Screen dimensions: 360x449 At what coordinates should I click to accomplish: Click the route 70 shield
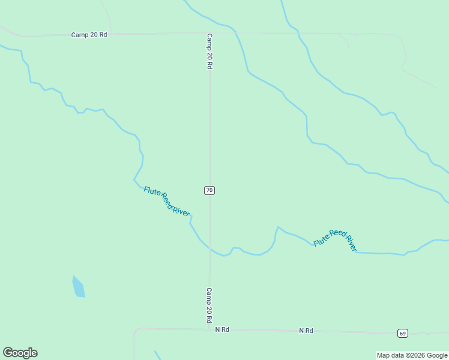pyautogui.click(x=209, y=190)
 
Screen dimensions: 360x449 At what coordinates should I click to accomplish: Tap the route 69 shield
pyautogui.click(x=402, y=333)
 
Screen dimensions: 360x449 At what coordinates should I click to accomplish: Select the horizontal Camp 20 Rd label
pyautogui.click(x=89, y=35)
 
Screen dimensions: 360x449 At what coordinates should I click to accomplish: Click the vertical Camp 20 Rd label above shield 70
pyautogui.click(x=209, y=51)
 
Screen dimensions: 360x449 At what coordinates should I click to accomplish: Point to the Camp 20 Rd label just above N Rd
pyautogui.click(x=209, y=305)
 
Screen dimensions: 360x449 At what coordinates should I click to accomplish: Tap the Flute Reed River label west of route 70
pyautogui.click(x=167, y=202)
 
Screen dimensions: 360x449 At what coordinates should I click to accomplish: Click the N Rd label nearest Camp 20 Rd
pyautogui.click(x=222, y=330)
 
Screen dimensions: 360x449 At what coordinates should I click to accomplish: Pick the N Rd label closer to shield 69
pyautogui.click(x=306, y=331)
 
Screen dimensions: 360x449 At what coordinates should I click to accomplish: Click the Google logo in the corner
pyautogui.click(x=20, y=353)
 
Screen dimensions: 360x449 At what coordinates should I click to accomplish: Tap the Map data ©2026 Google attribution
pyautogui.click(x=412, y=355)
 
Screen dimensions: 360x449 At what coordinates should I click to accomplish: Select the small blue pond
pyautogui.click(x=79, y=287)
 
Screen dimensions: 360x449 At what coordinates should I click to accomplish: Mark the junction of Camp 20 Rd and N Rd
pyautogui.click(x=209, y=329)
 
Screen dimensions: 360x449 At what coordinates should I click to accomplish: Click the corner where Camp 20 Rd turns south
pyautogui.click(x=209, y=34)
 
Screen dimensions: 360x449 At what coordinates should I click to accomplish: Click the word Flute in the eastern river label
pyautogui.click(x=321, y=240)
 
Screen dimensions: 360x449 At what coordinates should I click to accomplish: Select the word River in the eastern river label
pyautogui.click(x=351, y=243)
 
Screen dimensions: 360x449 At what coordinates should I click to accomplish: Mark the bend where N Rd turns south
pyautogui.click(x=135, y=331)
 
